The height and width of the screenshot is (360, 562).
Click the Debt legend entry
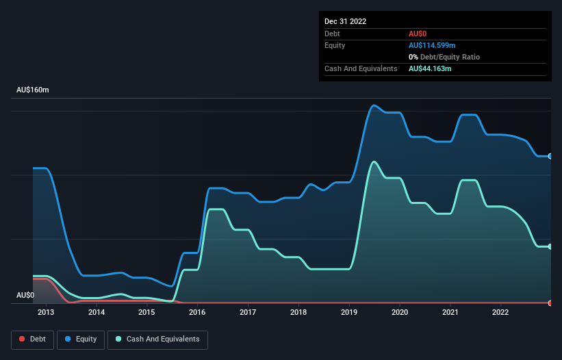pos(32,339)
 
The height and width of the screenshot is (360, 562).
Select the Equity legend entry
pos(81,339)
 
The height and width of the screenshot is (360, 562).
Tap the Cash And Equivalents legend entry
pos(157,339)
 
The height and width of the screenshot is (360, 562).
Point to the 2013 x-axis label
pos(46,312)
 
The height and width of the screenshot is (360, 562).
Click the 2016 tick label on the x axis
pos(197,312)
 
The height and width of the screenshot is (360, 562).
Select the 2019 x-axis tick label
pos(349,312)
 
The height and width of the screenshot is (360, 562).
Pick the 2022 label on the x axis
pos(500,312)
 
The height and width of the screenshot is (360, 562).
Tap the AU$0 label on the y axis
pos(25,295)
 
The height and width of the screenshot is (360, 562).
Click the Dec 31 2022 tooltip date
pos(346,21)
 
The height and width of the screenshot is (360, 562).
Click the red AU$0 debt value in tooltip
pos(418,34)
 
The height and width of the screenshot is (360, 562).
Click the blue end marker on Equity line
pos(550,156)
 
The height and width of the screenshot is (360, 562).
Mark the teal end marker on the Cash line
pos(550,246)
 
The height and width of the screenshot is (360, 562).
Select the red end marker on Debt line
pos(550,303)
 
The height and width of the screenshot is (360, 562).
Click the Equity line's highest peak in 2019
pos(373,105)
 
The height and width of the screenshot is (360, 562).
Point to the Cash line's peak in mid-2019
pos(373,162)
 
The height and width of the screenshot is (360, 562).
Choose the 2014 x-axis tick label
pos(97,312)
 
